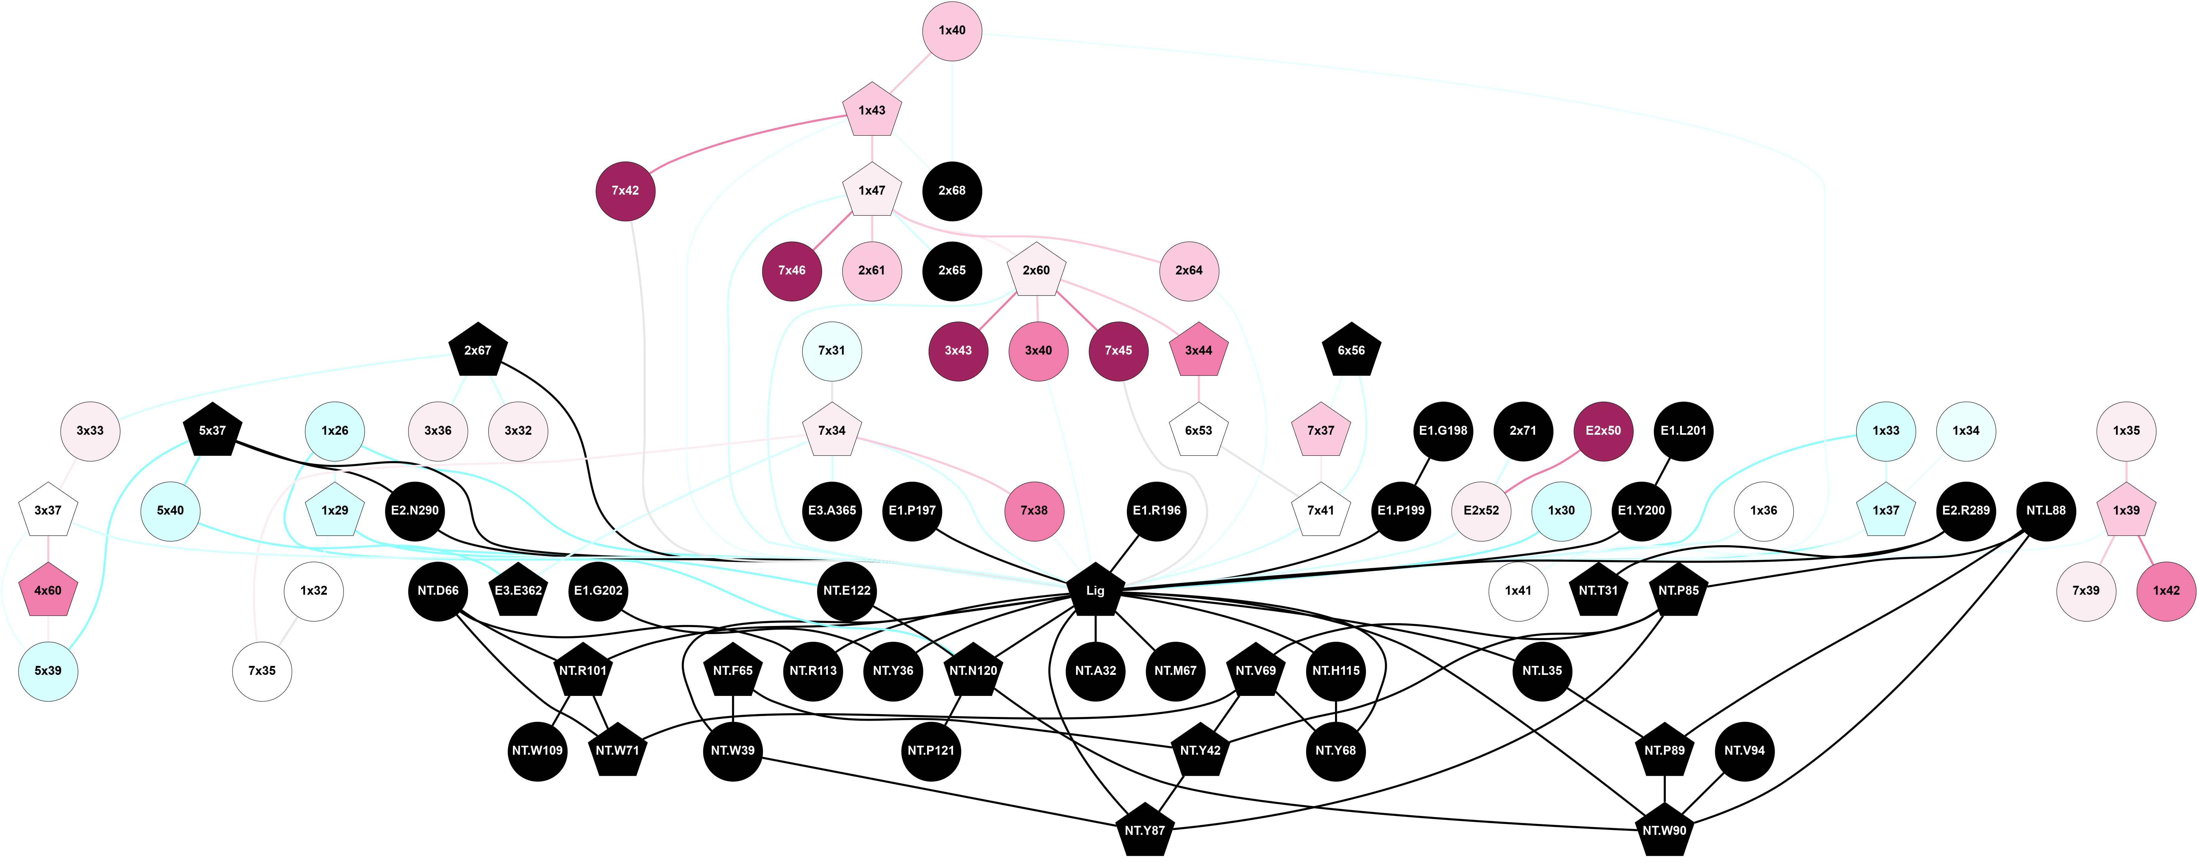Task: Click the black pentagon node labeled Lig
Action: (1095, 590)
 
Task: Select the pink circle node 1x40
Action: (952, 31)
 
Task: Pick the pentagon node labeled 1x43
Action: (871, 111)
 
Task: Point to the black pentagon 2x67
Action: (478, 351)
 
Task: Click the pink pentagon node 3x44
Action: (1198, 351)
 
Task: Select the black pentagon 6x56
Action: (1351, 351)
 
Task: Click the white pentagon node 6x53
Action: (1198, 431)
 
